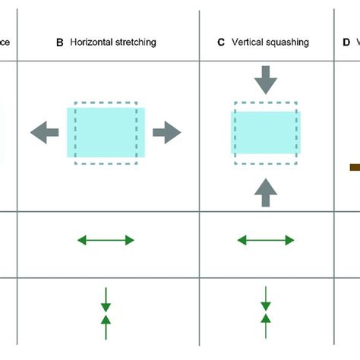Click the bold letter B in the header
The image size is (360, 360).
(60, 43)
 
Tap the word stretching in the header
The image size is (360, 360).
(137, 43)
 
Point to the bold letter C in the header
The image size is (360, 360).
(221, 43)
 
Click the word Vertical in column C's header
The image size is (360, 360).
(248, 43)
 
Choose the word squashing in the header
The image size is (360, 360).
(288, 43)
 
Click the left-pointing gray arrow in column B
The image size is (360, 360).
(45, 132)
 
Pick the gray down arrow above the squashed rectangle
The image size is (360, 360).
(266, 80)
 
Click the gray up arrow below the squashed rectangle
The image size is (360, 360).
(266, 191)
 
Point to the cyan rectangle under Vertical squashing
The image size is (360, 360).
(266, 134)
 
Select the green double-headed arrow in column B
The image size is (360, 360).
(106, 240)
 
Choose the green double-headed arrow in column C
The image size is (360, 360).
(266, 240)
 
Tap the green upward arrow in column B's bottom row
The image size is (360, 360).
(106, 326)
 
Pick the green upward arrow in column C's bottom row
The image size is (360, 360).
(266, 326)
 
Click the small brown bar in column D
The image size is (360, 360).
(354, 166)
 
